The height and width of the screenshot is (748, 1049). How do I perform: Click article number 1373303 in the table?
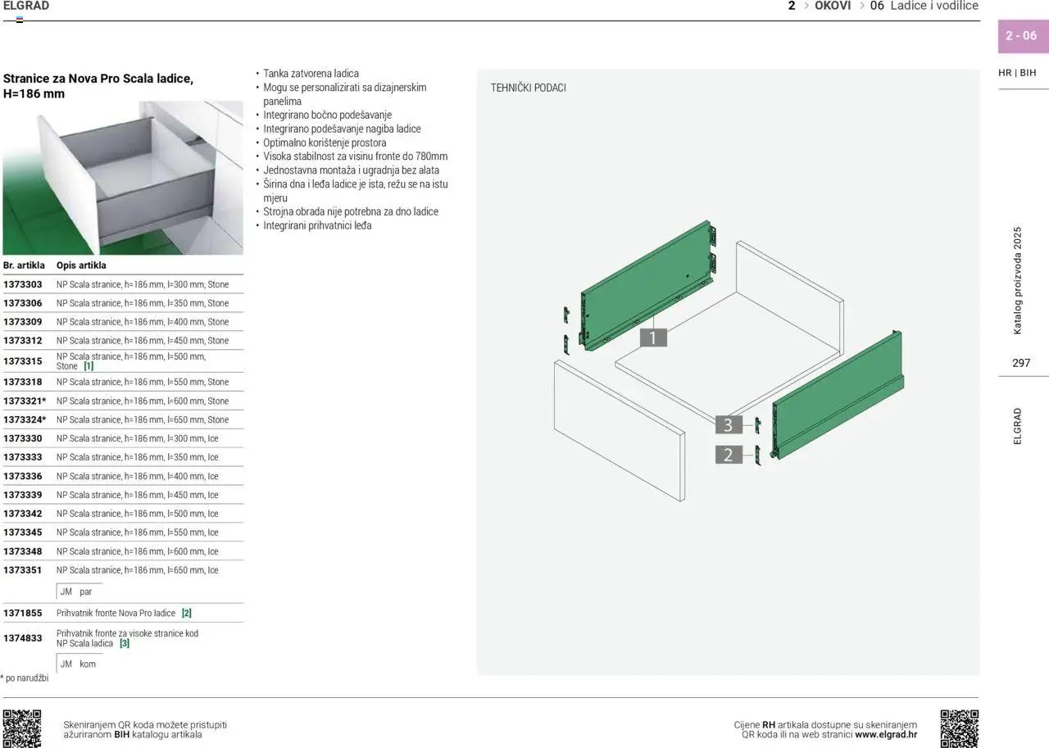(x=22, y=284)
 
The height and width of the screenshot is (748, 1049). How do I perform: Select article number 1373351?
(x=22, y=570)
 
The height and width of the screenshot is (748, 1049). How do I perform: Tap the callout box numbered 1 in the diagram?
(x=653, y=338)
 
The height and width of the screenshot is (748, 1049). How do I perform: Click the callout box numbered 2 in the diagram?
(x=729, y=455)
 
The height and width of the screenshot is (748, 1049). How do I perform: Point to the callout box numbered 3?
(x=729, y=424)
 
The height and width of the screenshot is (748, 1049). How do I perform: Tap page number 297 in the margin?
(x=1021, y=363)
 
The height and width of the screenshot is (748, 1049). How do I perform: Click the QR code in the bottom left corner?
(x=22, y=728)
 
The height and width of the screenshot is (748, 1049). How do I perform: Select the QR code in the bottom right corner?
(x=960, y=728)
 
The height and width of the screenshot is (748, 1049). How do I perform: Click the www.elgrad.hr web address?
(x=886, y=734)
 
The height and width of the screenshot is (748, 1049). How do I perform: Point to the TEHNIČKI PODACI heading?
(x=529, y=88)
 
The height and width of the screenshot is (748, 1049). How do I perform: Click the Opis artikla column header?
(x=81, y=265)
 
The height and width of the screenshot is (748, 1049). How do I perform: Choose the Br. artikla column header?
(x=24, y=265)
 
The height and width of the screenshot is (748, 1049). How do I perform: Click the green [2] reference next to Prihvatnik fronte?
(x=186, y=613)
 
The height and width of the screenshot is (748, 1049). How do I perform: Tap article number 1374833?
(x=22, y=638)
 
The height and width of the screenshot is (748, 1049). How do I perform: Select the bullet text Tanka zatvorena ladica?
(x=311, y=74)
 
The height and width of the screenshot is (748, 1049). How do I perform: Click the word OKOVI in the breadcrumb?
(x=833, y=6)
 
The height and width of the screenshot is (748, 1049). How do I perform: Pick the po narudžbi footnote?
(x=25, y=678)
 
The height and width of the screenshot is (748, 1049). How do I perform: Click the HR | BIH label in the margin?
(x=1017, y=73)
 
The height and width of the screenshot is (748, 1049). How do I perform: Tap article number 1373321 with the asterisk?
(x=25, y=401)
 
